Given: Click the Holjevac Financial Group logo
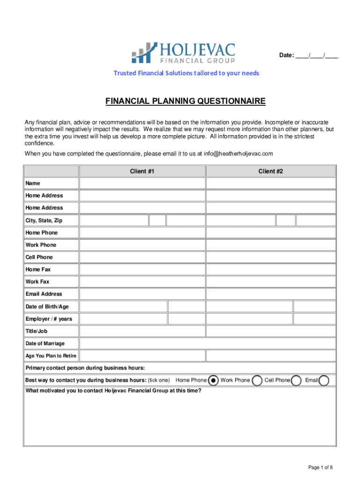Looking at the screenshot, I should pyautogui.click(x=183, y=53).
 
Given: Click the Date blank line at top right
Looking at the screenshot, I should pyautogui.click(x=317, y=56).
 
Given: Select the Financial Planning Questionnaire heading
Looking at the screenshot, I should pyautogui.click(x=185, y=101).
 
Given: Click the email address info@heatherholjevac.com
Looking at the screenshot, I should pyautogui.click(x=238, y=153).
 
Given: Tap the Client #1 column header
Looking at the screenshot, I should pyautogui.click(x=142, y=171).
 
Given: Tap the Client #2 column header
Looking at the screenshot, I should pyautogui.click(x=271, y=171).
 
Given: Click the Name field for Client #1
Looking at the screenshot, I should pyautogui.click(x=142, y=183).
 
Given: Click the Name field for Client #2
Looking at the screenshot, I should pyautogui.click(x=271, y=183).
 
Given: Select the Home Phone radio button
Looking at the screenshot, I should pyautogui.click(x=213, y=380).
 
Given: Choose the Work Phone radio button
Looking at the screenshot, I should pyautogui.click(x=257, y=380).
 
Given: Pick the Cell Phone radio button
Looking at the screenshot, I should pyautogui.click(x=296, y=380).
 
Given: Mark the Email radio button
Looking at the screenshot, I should pyautogui.click(x=324, y=380).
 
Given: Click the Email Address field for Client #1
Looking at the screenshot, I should pyautogui.click(x=142, y=294).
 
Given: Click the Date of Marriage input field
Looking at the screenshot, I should pyautogui.click(x=208, y=343).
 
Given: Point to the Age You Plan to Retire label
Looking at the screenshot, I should pyautogui.click(x=51, y=356).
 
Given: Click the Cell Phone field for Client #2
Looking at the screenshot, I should pyautogui.click(x=271, y=257).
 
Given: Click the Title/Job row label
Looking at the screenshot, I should pyautogui.click(x=36, y=331).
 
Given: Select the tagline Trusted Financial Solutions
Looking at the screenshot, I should pyautogui.click(x=187, y=73).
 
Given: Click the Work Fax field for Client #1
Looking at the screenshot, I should pyautogui.click(x=142, y=282).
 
